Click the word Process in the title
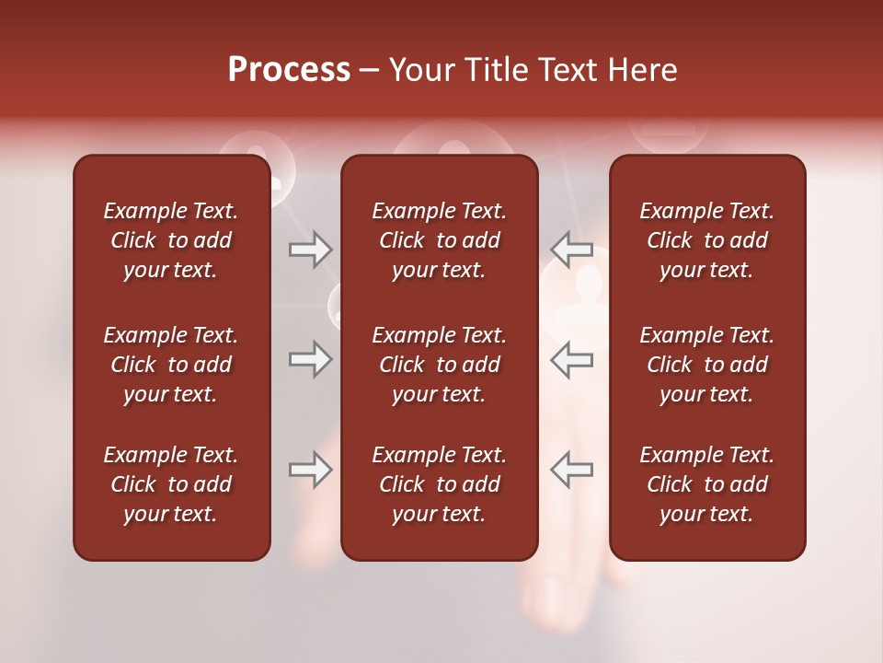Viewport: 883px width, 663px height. pyautogui.click(x=289, y=70)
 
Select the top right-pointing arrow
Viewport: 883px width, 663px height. pyautogui.click(x=310, y=249)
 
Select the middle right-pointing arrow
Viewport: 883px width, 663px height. pyautogui.click(x=310, y=359)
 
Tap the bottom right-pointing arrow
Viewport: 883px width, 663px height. pyautogui.click(x=310, y=470)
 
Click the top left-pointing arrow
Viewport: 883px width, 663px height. pyautogui.click(x=571, y=249)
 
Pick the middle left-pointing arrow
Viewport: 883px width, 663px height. pyautogui.click(x=571, y=359)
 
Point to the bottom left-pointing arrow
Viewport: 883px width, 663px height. pyautogui.click(x=571, y=470)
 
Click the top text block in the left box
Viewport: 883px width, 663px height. pyautogui.click(x=171, y=240)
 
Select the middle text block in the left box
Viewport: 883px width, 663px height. pyautogui.click(x=171, y=365)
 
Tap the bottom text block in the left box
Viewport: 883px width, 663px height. pyautogui.click(x=171, y=484)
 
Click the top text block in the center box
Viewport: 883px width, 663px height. pyautogui.click(x=439, y=240)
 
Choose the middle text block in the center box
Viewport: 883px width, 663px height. pyautogui.click(x=439, y=365)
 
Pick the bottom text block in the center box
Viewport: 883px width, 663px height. pyautogui.click(x=439, y=484)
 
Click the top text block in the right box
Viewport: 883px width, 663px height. pyautogui.click(x=706, y=240)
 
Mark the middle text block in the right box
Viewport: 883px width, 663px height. pyautogui.click(x=706, y=365)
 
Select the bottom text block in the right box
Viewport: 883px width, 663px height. pyautogui.click(x=706, y=484)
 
